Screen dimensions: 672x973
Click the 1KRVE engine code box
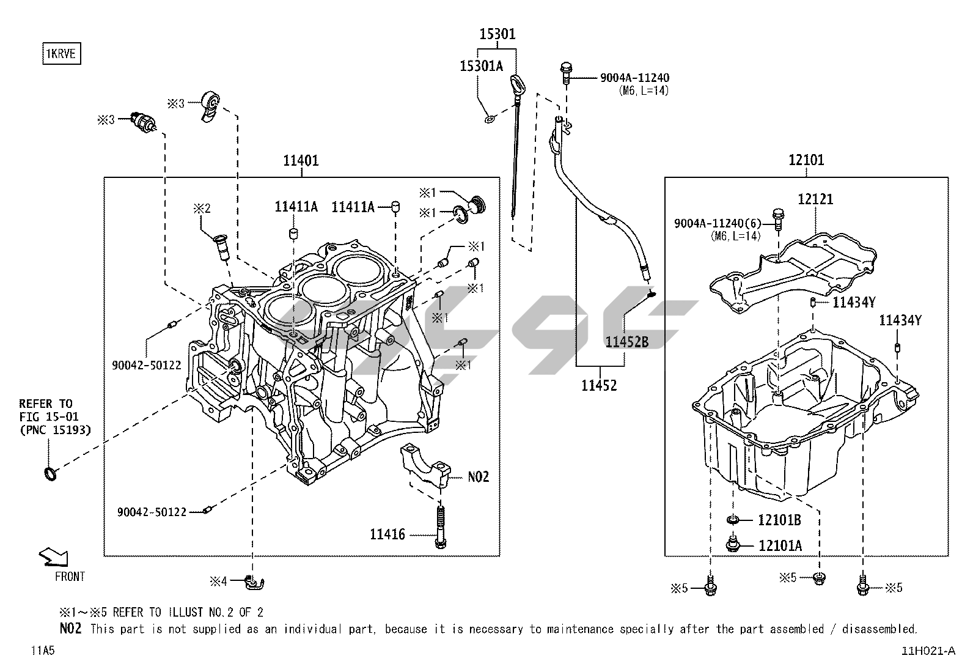click(x=61, y=54)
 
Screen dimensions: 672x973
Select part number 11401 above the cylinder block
click(x=301, y=161)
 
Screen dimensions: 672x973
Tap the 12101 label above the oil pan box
click(x=806, y=160)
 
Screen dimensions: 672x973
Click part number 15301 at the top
click(x=497, y=34)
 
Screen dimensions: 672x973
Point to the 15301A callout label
click(x=481, y=66)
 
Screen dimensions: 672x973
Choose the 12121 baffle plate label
click(x=815, y=199)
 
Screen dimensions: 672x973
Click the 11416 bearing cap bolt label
click(x=387, y=534)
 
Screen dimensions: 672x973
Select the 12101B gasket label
click(x=779, y=520)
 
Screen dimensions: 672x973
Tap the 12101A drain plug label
click(x=780, y=545)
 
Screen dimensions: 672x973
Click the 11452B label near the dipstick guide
click(x=626, y=342)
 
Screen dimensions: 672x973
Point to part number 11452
click(x=599, y=386)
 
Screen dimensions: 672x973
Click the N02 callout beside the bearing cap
click(x=479, y=476)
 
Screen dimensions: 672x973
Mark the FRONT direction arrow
click(x=54, y=557)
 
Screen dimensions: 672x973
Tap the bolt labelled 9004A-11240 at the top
click(x=566, y=72)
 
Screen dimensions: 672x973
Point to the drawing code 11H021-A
click(x=927, y=651)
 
